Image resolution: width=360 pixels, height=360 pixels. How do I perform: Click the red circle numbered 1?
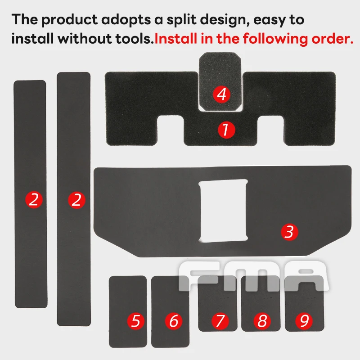tap(226, 130)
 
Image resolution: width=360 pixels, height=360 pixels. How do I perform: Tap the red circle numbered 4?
tap(221, 94)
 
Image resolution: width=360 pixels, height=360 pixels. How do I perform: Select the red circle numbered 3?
tap(289, 232)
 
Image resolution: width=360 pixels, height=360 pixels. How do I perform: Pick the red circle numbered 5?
tap(136, 321)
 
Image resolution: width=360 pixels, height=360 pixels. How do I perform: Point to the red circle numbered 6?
tap(174, 321)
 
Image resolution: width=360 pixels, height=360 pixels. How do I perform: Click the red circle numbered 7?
tap(220, 321)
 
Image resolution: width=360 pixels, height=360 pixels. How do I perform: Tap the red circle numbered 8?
tap(262, 321)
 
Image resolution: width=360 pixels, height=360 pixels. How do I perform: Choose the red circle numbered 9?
tap(304, 321)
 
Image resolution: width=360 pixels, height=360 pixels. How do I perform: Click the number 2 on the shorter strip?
tap(34, 200)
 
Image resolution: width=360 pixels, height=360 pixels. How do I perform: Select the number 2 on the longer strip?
tap(76, 200)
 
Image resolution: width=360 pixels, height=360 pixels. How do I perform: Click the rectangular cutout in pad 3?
tap(223, 211)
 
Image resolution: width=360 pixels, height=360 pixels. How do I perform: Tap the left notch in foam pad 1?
tap(171, 129)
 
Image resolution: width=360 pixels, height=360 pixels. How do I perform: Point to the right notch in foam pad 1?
tap(271, 129)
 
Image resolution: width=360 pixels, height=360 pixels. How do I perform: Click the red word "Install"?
tap(176, 38)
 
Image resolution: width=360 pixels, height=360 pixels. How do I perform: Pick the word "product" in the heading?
tap(70, 20)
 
